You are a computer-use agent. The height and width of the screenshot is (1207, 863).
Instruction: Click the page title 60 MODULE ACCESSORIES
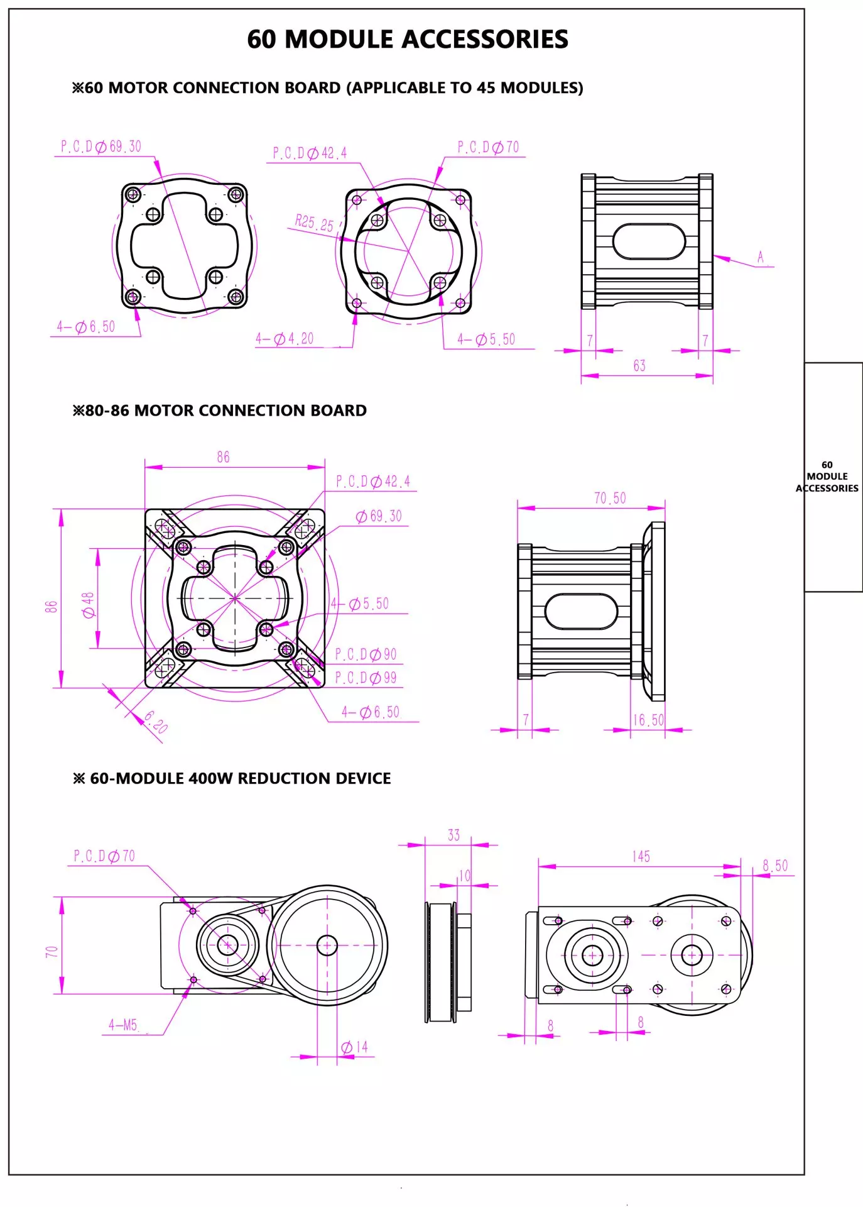(408, 39)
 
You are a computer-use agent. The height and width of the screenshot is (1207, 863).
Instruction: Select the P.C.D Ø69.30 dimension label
(101, 146)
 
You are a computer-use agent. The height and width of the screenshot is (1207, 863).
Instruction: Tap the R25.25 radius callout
(314, 223)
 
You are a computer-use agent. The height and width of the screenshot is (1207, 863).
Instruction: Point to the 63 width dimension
(639, 366)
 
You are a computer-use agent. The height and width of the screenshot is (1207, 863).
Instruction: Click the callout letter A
(761, 256)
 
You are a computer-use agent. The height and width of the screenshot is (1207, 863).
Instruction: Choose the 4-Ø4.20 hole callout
(285, 339)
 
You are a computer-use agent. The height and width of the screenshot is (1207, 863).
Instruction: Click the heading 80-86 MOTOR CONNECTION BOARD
(220, 411)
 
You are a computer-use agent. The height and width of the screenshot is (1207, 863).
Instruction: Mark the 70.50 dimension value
(610, 499)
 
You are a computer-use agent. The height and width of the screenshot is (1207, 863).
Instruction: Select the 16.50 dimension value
(648, 720)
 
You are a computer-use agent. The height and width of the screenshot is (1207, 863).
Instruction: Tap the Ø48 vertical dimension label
(89, 605)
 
